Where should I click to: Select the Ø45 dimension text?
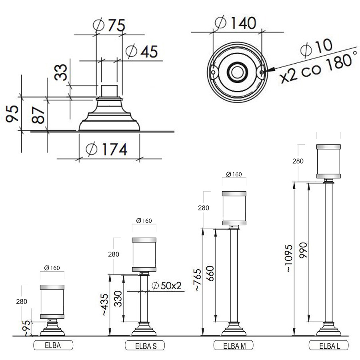[142, 51]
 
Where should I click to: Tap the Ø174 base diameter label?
[106, 149]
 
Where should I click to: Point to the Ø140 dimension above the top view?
[235, 22]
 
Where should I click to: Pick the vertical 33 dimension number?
[61, 72]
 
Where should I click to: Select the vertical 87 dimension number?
[38, 115]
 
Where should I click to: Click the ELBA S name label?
[145, 346]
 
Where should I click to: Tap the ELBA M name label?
[234, 345]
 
